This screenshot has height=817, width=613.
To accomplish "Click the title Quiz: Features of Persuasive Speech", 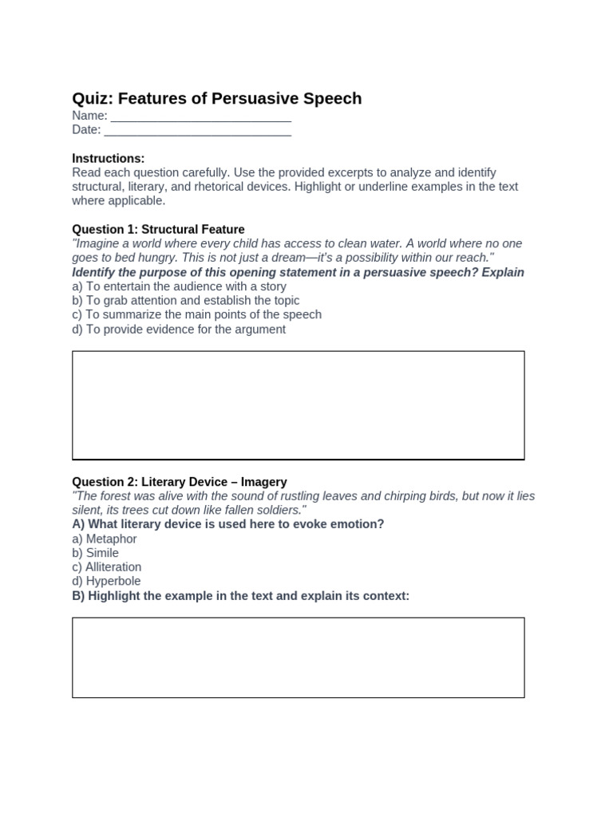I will (216, 98).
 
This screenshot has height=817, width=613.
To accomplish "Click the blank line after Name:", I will (200, 116).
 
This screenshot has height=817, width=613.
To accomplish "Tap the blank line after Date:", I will (197, 131).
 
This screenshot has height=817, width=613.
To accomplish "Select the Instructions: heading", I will (109, 159).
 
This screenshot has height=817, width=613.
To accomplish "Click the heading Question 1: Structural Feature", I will (158, 230).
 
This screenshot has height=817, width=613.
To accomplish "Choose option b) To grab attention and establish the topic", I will (185, 301).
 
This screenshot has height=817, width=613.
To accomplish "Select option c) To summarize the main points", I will (196, 314).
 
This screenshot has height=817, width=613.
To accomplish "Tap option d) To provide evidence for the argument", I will (179, 329).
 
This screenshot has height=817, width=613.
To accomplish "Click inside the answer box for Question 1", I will (298, 405).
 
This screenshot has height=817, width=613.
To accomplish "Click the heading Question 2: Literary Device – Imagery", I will (180, 482).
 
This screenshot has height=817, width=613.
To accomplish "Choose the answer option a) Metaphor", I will (105, 539).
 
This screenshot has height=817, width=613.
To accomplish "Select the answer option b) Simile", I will (96, 553).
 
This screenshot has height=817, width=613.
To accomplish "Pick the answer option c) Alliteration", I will (106, 567).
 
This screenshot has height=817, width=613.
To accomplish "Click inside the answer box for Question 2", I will (298, 657).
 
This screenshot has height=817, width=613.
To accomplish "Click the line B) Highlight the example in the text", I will (240, 596).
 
